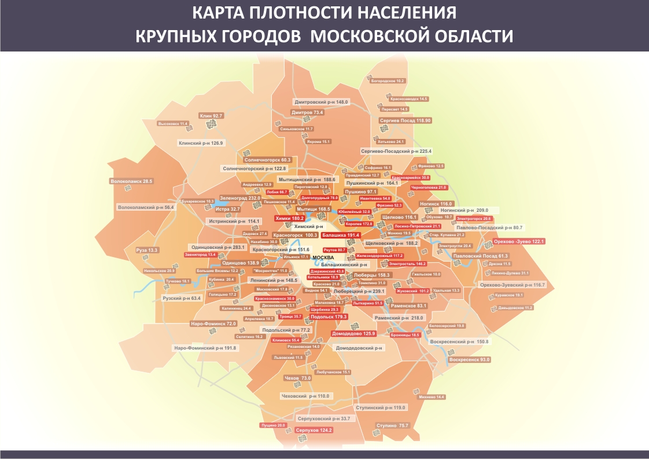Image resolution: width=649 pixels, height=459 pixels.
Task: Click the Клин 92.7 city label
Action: click(x=211, y=116)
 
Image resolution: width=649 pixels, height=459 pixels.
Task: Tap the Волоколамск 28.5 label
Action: click(x=131, y=181)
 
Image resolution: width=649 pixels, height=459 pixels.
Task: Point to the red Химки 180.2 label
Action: click(x=290, y=218)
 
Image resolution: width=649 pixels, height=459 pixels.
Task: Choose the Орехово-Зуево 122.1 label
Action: click(x=519, y=241)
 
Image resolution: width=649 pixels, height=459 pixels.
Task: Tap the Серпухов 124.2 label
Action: click(x=314, y=430)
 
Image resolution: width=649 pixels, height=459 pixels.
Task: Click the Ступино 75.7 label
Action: click(x=392, y=425)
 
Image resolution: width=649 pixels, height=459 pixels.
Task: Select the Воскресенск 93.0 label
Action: click(x=469, y=359)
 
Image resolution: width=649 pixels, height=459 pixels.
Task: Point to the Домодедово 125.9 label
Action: click(x=353, y=333)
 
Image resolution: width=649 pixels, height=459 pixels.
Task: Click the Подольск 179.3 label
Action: click(x=329, y=317)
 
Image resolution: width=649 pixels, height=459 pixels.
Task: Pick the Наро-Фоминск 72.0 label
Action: click(x=213, y=324)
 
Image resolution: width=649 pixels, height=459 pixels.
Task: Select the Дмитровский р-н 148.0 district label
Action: click(x=322, y=102)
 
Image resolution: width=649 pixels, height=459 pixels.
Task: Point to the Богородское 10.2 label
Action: click(x=388, y=81)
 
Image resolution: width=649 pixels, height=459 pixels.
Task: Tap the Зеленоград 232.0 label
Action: click(x=240, y=198)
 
